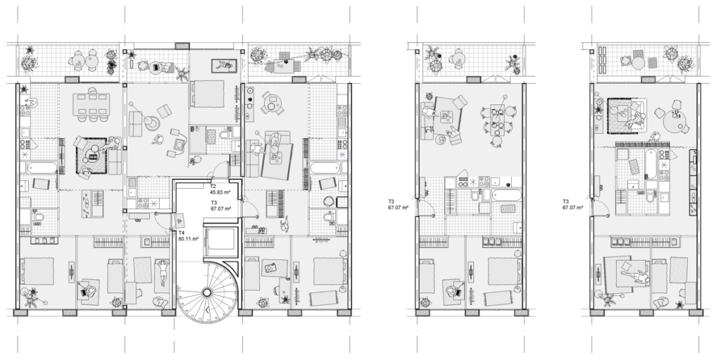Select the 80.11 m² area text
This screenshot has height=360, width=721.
click(x=189, y=239)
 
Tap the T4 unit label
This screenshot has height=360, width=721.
click(x=182, y=233)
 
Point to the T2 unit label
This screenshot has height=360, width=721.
click(x=213, y=187)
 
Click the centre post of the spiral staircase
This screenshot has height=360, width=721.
click(x=207, y=292)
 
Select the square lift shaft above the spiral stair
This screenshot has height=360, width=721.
click(x=220, y=241)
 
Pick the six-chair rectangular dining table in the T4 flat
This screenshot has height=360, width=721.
click(x=92, y=107)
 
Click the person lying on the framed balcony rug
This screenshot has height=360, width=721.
click(x=225, y=66)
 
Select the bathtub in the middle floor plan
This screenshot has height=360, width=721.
click(x=507, y=196)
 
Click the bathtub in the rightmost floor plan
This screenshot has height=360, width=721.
click(x=649, y=163)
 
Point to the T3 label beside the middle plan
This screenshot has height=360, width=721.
click(x=391, y=201)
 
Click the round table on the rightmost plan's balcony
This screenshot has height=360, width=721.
click(x=638, y=63)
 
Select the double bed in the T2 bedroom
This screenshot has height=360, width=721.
click(x=207, y=94)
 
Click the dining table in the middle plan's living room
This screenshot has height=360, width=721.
click(x=497, y=120)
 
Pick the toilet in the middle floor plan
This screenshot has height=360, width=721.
click(x=475, y=196)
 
